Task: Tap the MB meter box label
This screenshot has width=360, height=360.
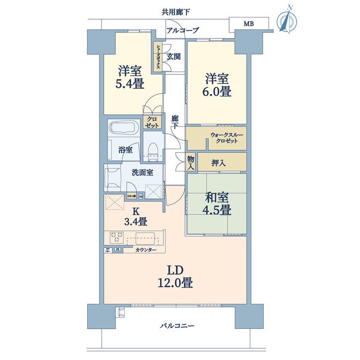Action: click(248, 23)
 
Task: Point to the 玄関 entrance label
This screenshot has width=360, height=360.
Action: click(174, 57)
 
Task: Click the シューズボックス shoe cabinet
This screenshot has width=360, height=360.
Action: click(159, 56)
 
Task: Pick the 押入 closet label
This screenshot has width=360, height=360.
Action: click(219, 162)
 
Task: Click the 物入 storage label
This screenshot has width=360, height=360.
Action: click(190, 162)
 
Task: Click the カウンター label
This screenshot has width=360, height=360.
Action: click(145, 250)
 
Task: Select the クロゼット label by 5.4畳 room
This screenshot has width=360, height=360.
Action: click(151, 122)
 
